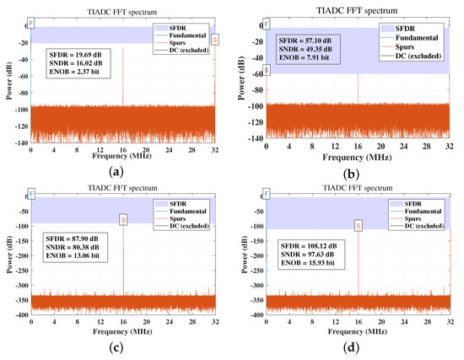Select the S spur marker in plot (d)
coord(359,226)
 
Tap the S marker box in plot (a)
coord(215,40)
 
